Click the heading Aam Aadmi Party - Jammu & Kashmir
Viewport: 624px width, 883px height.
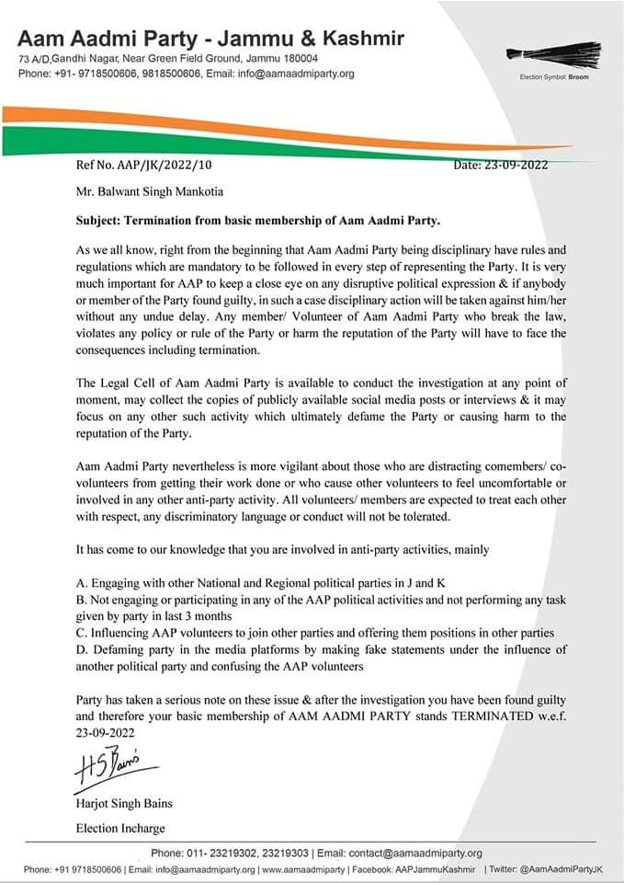pos(210,39)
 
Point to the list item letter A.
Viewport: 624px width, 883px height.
pos(81,582)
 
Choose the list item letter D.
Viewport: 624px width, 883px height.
pos(81,648)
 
